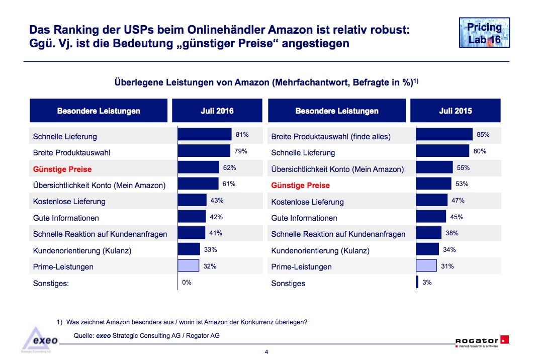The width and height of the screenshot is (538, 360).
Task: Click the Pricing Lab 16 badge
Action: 485,33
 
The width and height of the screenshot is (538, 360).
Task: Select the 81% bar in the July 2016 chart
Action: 204,135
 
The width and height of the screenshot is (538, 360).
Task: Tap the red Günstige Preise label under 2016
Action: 62,169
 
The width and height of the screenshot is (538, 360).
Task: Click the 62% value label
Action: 229,167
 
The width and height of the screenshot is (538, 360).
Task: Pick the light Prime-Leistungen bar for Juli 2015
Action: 426,266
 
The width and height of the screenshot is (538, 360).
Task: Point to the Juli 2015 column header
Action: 455,111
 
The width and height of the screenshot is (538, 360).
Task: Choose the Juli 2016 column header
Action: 217,111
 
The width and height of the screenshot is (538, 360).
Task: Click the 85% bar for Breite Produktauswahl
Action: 444,135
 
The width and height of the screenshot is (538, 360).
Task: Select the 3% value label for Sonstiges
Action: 427,283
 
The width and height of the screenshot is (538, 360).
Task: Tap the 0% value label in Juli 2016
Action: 187,283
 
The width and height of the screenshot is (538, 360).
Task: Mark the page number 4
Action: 266,351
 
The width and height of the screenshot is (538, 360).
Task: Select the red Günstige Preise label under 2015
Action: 300,185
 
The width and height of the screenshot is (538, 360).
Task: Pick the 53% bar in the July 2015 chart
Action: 434,184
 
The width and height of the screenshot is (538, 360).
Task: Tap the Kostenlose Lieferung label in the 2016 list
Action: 69,201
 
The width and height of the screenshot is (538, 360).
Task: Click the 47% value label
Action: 458,200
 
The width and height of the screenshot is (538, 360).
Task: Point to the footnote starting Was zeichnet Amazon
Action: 187,322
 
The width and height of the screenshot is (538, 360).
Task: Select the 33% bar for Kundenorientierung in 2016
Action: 189,249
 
